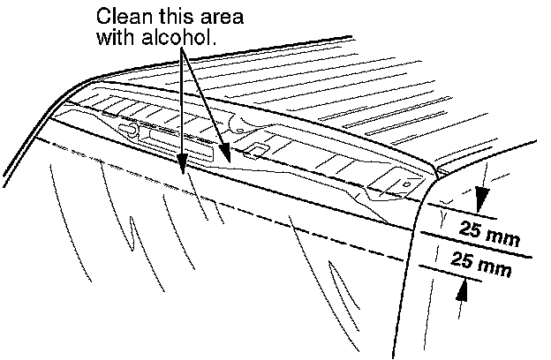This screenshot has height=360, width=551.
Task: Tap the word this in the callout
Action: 169,17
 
